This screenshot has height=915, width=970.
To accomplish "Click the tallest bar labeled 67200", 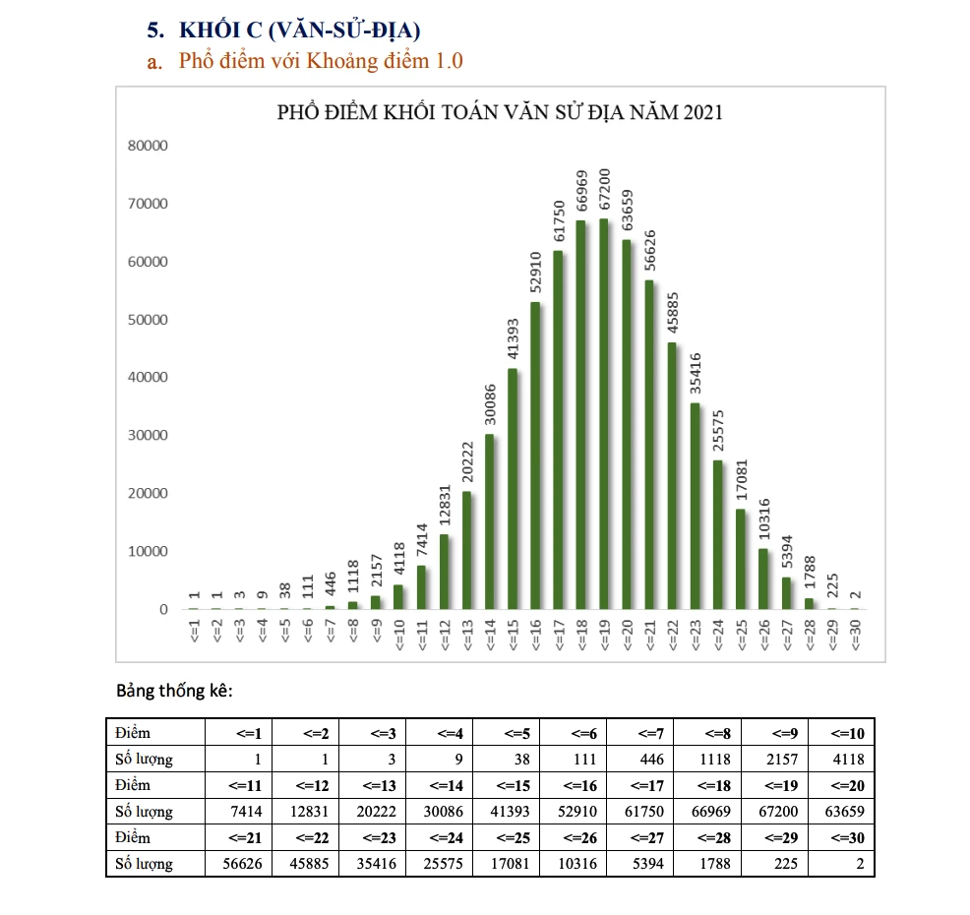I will coord(603,413).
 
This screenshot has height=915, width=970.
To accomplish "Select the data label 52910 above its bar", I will coord(535,273).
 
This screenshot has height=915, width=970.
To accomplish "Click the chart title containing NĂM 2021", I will coord(500,112).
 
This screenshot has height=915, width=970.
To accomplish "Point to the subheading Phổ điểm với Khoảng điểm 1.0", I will coord(320,62).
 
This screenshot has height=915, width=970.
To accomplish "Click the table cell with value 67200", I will coord(773,812).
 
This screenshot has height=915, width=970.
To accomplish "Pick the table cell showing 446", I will coord(639,760).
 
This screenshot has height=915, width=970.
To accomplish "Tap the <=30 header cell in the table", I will coord(840,838).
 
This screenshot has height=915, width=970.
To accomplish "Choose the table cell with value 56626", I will coord(239,865).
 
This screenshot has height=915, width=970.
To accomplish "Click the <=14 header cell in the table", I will coord(439,786).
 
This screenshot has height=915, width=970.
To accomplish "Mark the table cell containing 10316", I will coord(573,865).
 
